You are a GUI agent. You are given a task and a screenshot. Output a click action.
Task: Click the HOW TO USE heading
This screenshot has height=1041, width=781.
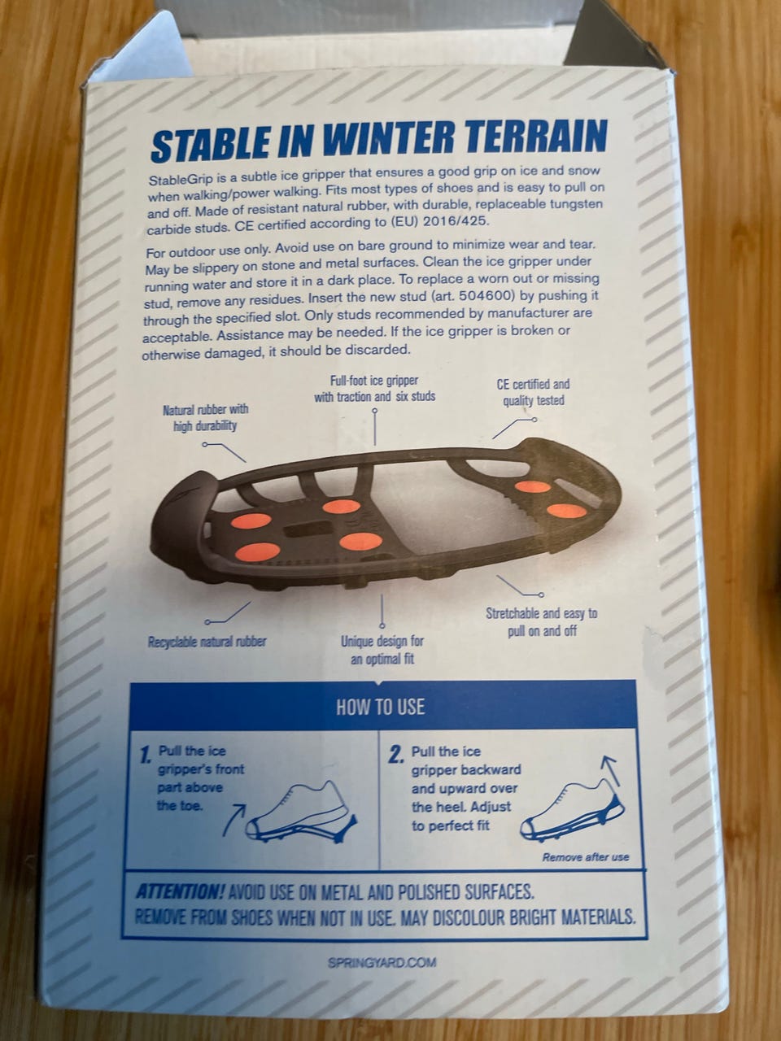click(x=380, y=707)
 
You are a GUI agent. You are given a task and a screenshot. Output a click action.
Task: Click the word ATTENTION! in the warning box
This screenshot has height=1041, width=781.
click(x=180, y=892)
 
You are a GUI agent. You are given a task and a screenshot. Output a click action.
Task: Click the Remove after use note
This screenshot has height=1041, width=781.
click(x=586, y=857)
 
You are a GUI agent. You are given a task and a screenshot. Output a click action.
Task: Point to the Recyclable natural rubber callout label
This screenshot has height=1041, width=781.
click(x=207, y=642)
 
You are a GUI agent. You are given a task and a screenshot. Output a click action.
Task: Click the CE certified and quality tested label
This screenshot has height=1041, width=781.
click(x=534, y=392)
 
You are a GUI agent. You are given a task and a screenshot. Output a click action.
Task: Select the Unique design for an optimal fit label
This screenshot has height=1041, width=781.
click(x=382, y=650)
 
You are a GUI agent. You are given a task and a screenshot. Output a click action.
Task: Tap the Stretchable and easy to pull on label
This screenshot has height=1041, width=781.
click(x=542, y=622)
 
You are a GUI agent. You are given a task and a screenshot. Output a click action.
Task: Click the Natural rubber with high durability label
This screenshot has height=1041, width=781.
click(x=205, y=417)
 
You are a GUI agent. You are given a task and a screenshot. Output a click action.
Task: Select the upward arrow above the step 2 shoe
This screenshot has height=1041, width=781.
click(x=611, y=771)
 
